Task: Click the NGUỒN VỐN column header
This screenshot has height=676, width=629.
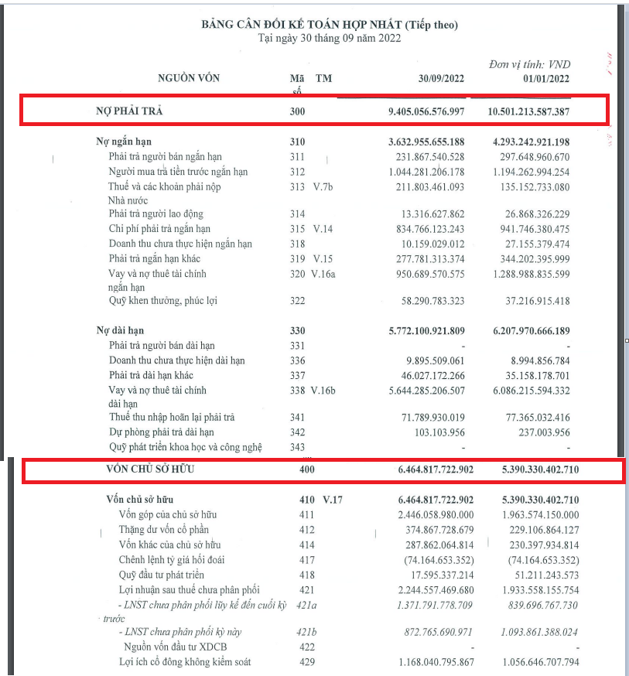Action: click(x=189, y=78)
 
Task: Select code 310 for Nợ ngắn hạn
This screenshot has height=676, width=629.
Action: click(x=297, y=142)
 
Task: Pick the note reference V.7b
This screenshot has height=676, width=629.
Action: click(x=326, y=186)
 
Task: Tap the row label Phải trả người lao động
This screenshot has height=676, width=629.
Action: click(x=156, y=214)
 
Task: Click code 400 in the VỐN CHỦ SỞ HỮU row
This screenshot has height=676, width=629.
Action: click(x=307, y=469)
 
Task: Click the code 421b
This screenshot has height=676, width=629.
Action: click(x=307, y=633)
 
